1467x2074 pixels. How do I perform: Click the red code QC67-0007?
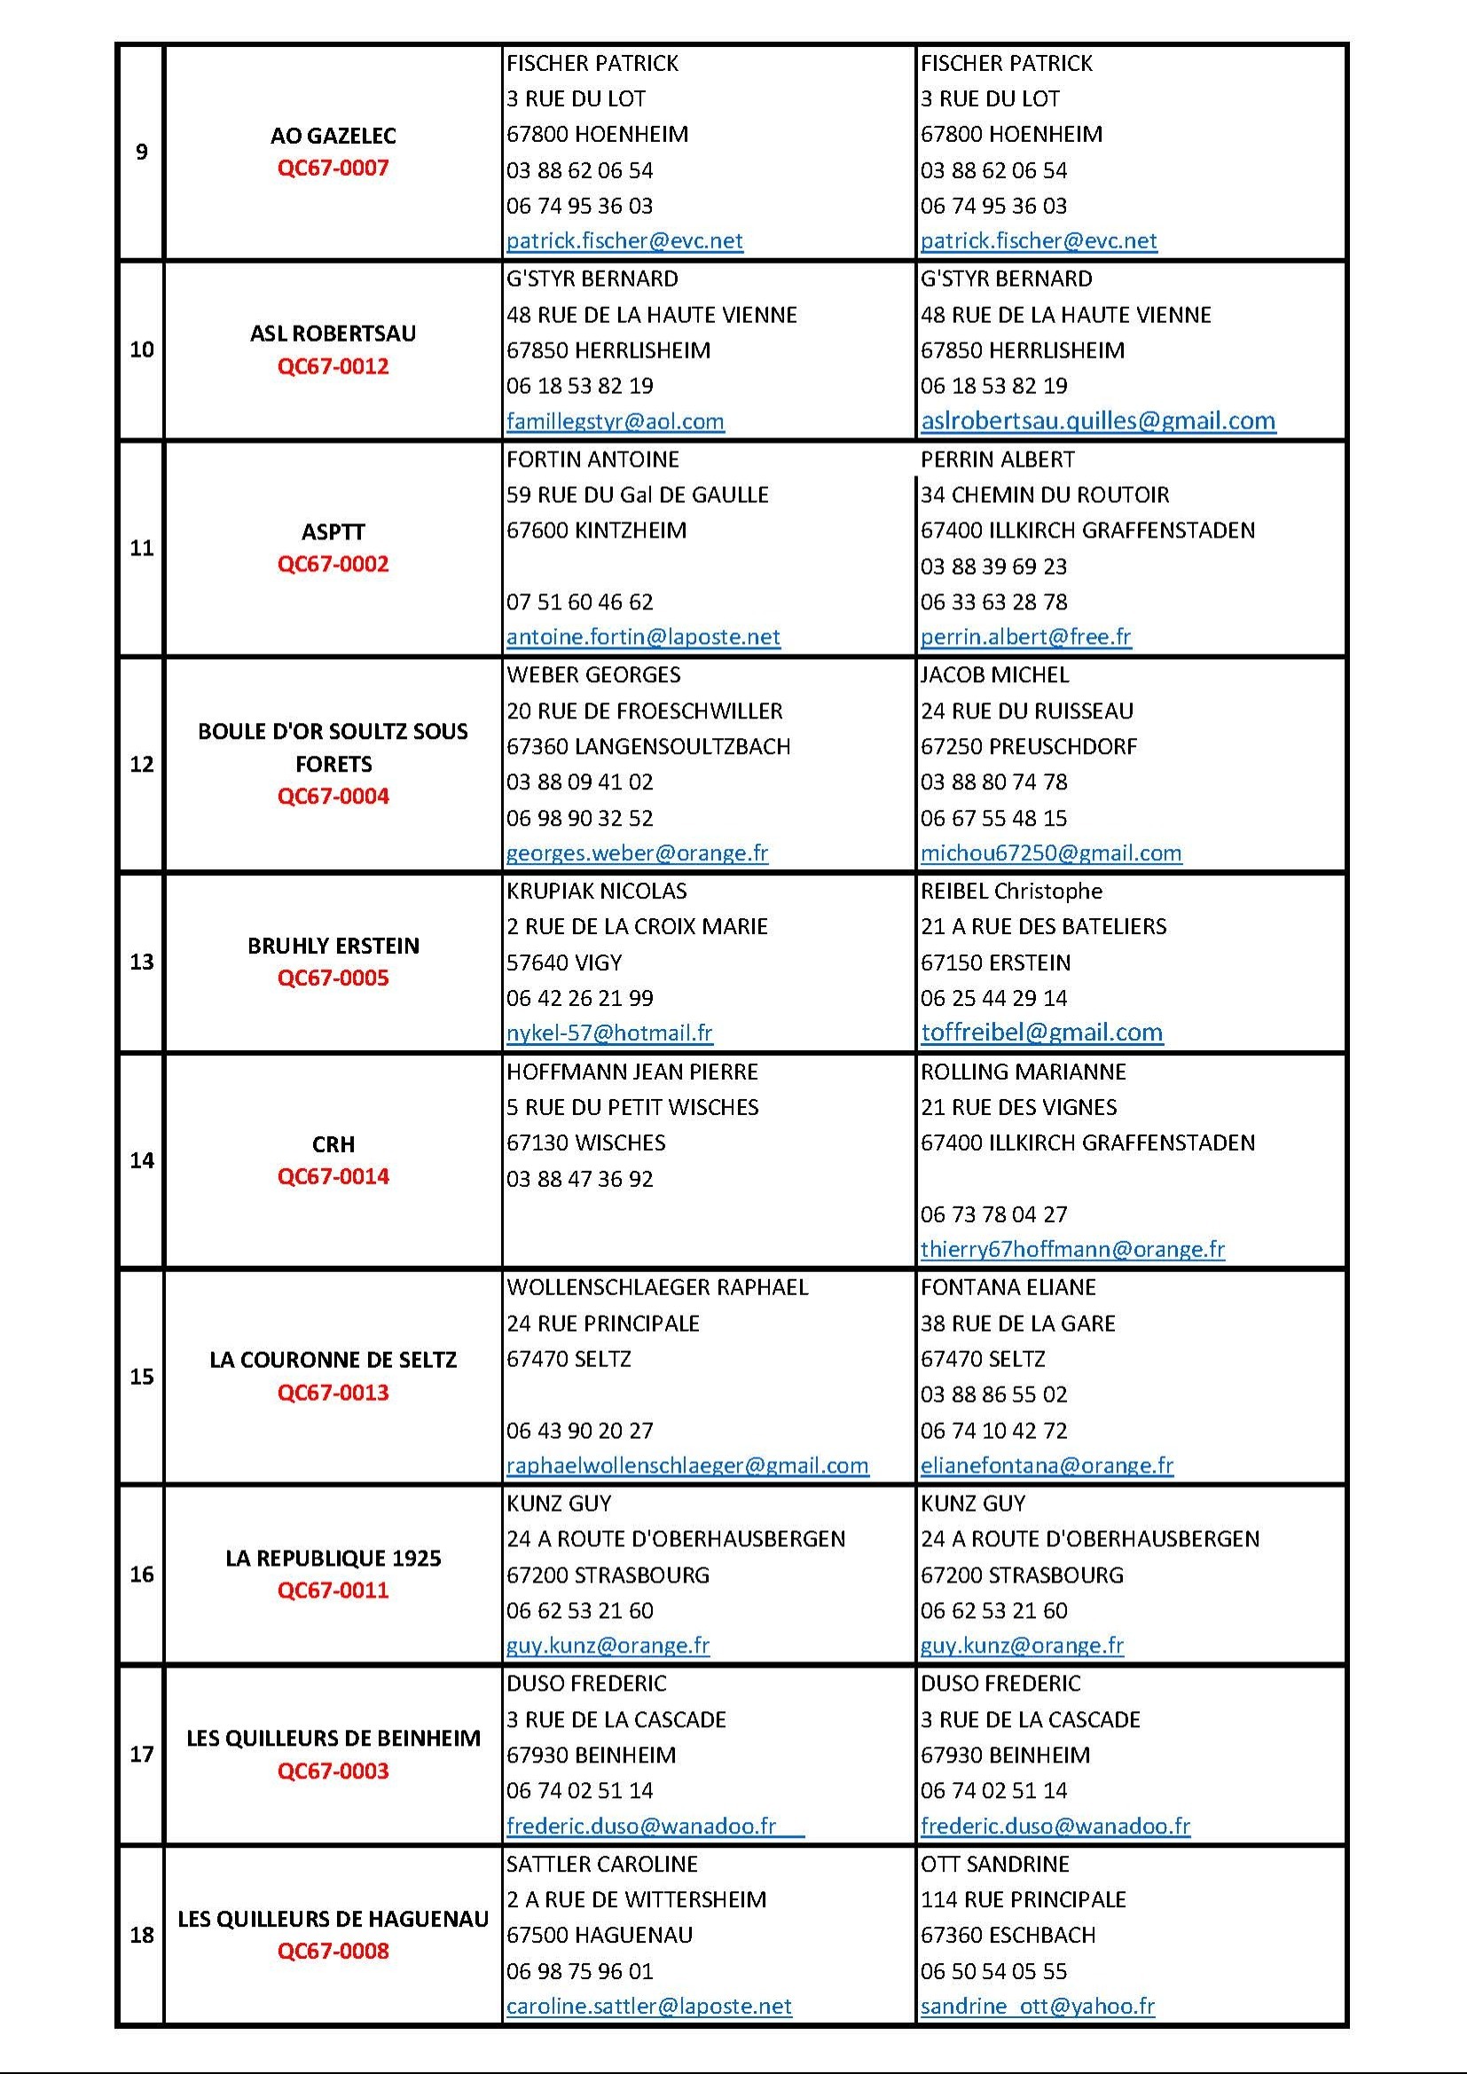[x=333, y=168]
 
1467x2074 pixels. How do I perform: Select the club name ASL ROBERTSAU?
[x=333, y=334]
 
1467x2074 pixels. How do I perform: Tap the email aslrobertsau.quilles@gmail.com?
[x=1097, y=421]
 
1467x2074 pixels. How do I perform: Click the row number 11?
[x=142, y=548]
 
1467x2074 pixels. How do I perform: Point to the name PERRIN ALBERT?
[x=997, y=460]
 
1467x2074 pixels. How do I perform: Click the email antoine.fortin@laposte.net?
[x=643, y=637]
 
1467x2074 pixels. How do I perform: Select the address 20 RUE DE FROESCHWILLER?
[x=644, y=711]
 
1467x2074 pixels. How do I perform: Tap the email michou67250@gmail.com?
[x=1050, y=852]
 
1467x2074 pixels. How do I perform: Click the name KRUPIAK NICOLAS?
[x=596, y=891]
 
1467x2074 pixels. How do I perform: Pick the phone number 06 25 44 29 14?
[x=993, y=998]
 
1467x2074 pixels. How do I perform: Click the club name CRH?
[x=333, y=1144]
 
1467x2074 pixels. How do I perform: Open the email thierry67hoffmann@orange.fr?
[x=1072, y=1249]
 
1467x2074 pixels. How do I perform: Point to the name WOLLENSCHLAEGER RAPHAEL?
[x=656, y=1287]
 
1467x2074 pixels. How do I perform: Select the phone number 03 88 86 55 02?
[x=993, y=1394]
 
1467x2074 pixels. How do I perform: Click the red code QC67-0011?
[x=333, y=1590]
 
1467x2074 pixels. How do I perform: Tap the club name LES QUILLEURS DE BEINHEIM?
[x=333, y=1738]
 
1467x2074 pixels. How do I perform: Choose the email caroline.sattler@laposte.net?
[x=648, y=2007]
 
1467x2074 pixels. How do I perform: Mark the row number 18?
[x=142, y=1935]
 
